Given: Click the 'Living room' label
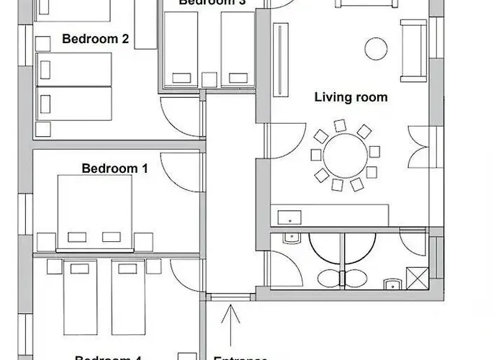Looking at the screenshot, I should tap(351, 97).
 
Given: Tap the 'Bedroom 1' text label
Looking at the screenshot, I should tap(114, 168).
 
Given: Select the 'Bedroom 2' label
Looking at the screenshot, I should tap(95, 39).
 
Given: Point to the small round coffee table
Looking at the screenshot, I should tap(375, 49).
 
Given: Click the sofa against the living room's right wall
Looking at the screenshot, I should tap(413, 50).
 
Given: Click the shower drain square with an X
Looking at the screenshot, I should tap(416, 277).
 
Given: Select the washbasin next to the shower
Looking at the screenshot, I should tap(391, 282).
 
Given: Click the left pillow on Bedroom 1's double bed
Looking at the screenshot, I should tap(76, 237).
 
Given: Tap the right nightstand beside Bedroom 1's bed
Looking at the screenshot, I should tap(143, 241).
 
